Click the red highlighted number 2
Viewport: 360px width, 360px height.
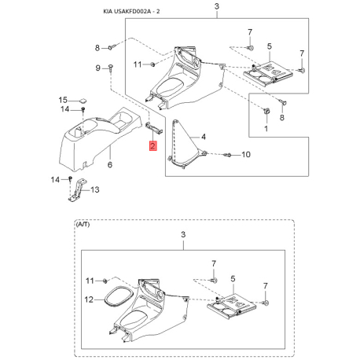click(x=152, y=145)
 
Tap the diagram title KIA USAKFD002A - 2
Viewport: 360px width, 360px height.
click(x=131, y=12)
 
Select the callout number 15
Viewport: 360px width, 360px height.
click(x=63, y=100)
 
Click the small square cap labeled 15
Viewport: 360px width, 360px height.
click(x=83, y=101)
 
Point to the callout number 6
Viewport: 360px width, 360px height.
click(x=110, y=164)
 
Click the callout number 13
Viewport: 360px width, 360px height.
click(x=95, y=189)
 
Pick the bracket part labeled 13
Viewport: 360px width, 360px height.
click(x=77, y=190)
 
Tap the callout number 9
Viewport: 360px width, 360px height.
click(x=97, y=68)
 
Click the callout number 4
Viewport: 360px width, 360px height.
click(x=204, y=137)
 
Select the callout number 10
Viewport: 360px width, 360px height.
click(x=246, y=155)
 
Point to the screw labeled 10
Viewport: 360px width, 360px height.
click(x=227, y=155)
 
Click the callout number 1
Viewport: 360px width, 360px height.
click(x=266, y=129)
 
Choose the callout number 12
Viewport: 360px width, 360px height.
click(x=89, y=299)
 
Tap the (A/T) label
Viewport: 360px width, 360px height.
click(x=83, y=225)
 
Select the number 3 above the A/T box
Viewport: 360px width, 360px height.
click(x=183, y=234)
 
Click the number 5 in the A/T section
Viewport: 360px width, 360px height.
click(x=233, y=279)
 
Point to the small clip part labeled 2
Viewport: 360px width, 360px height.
click(x=154, y=128)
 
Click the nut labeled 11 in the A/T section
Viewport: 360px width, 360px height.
click(x=105, y=281)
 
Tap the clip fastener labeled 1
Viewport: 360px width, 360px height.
click(x=266, y=111)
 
